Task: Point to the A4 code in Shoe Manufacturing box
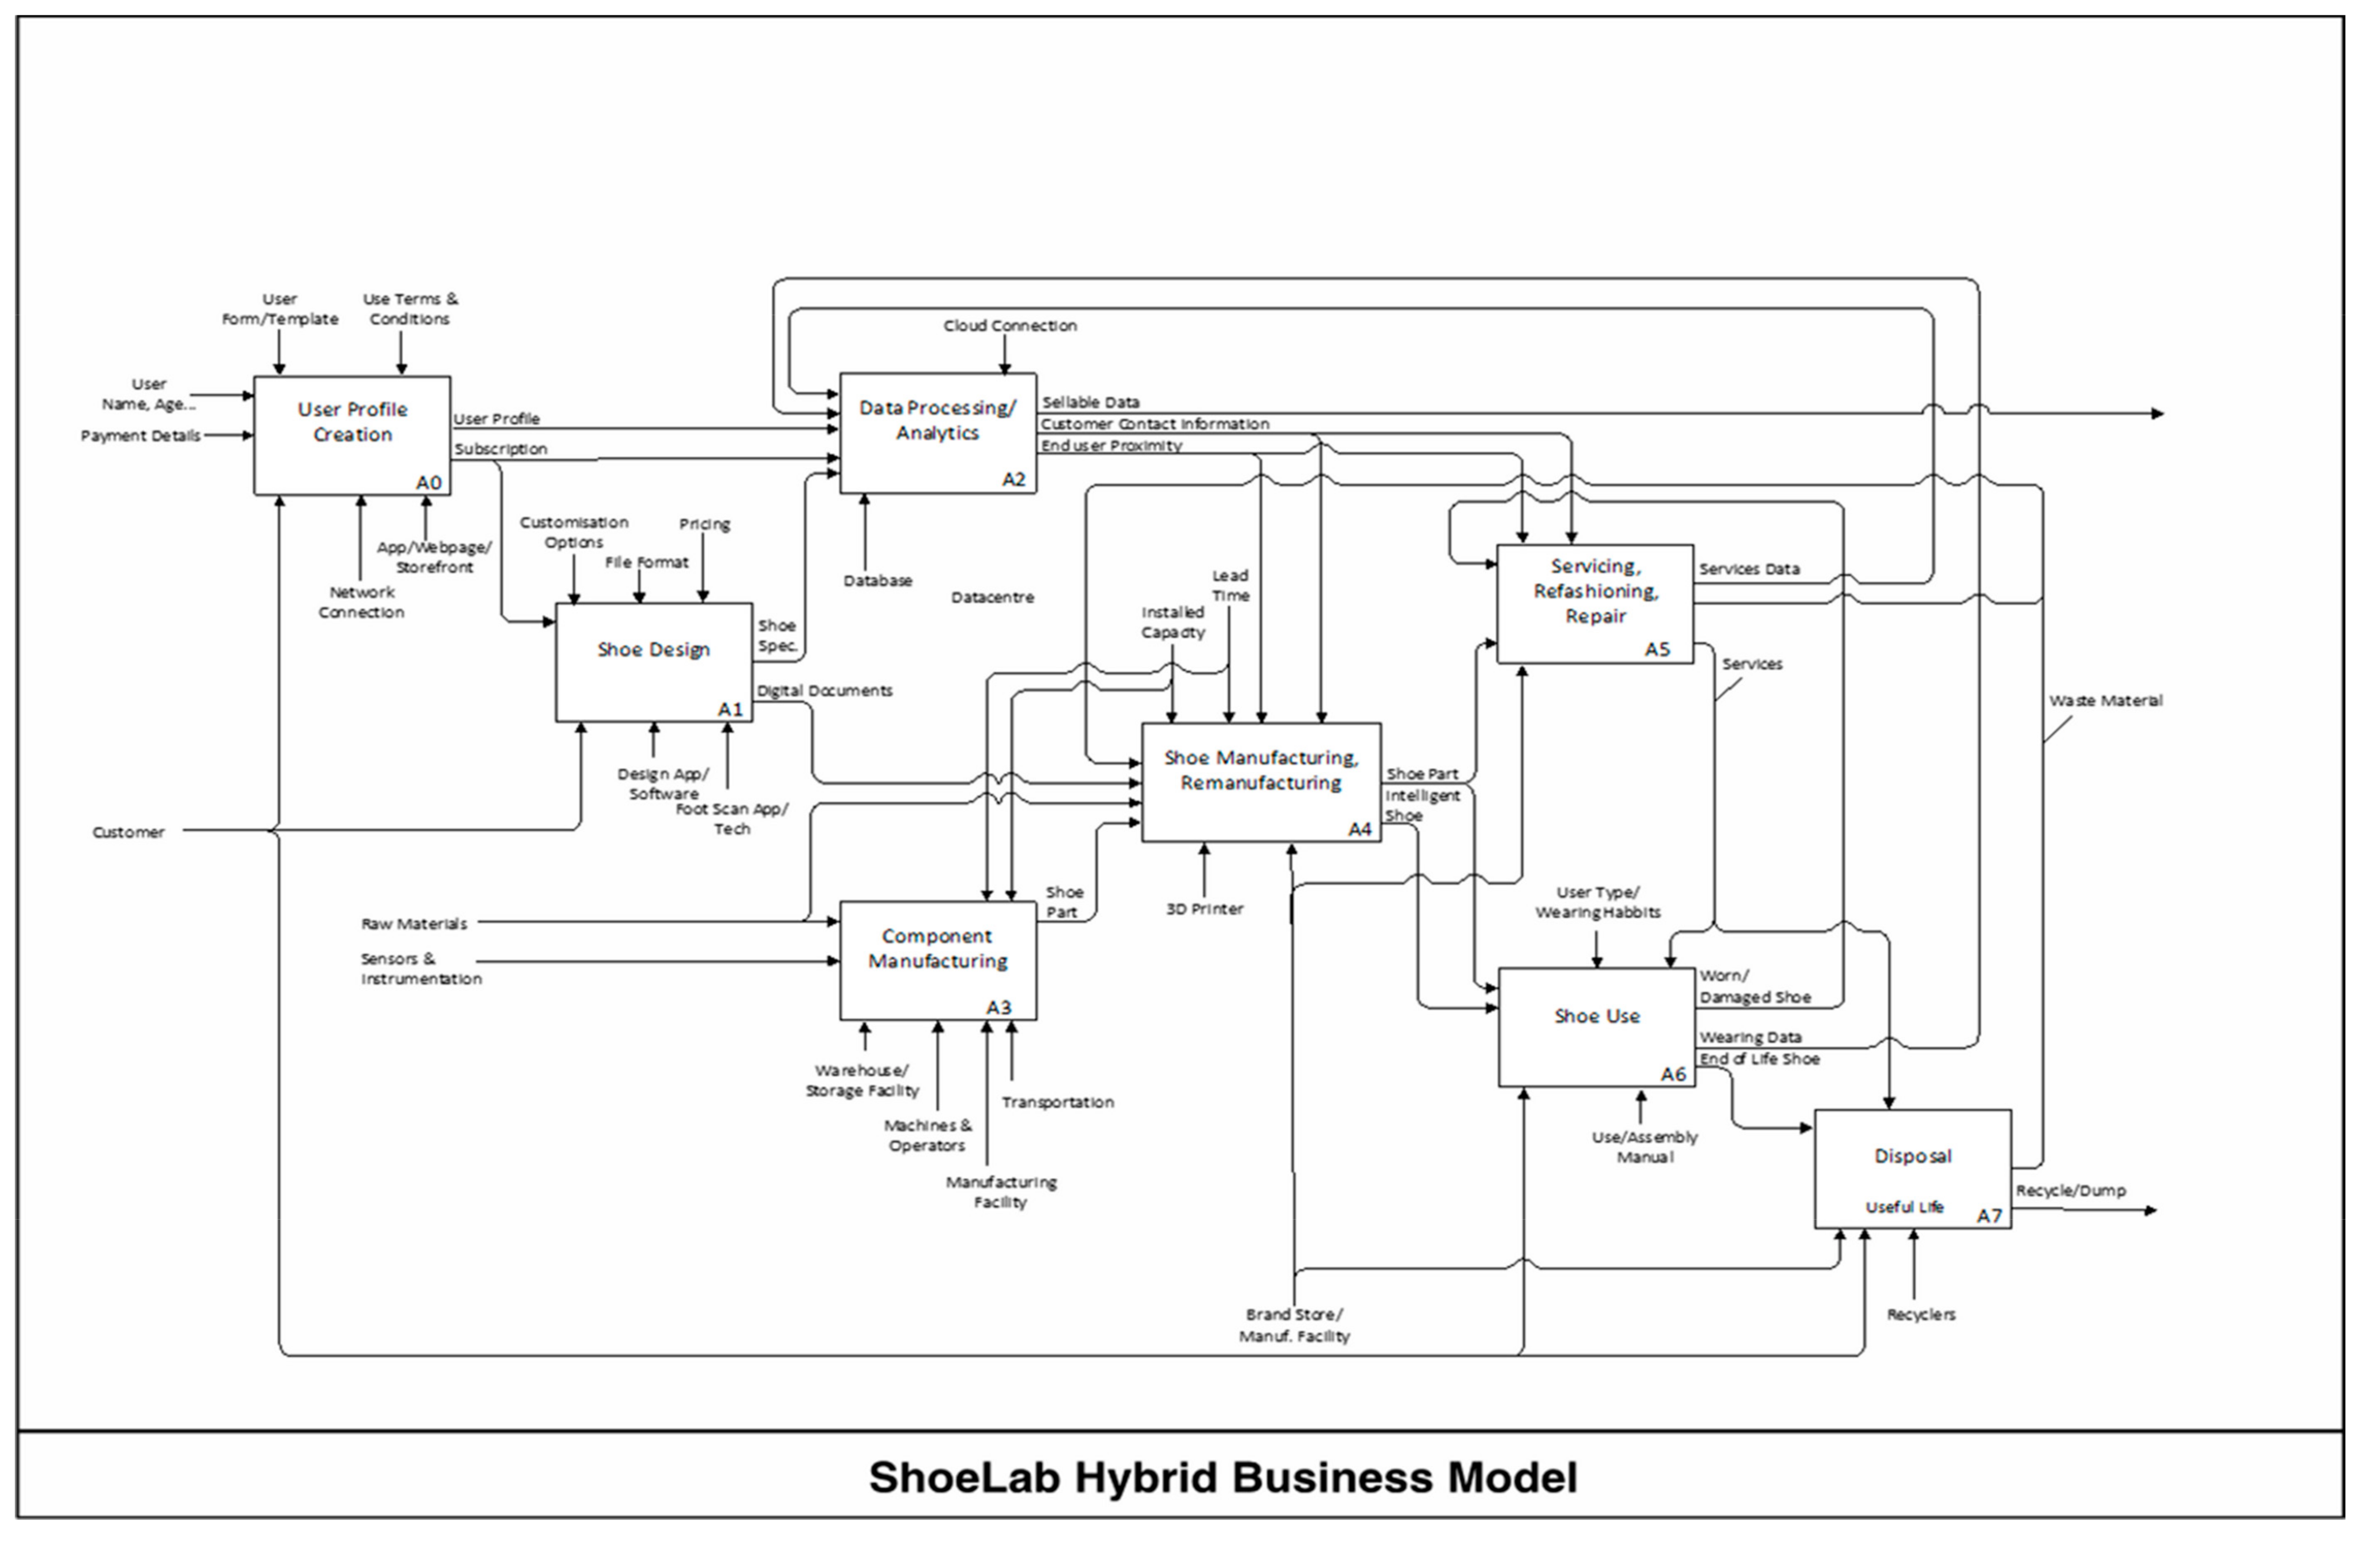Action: [x=1359, y=829]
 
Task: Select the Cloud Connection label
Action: [x=1009, y=325]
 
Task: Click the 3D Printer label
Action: [x=1204, y=909]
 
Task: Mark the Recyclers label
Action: [x=1920, y=1315]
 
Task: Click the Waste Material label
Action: [x=2105, y=700]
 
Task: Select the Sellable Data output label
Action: [x=1090, y=402]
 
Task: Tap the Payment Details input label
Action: [x=140, y=435]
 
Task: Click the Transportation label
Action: [x=1057, y=1102]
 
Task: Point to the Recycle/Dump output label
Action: [x=2070, y=1191]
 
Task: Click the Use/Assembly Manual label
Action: [x=1644, y=1147]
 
